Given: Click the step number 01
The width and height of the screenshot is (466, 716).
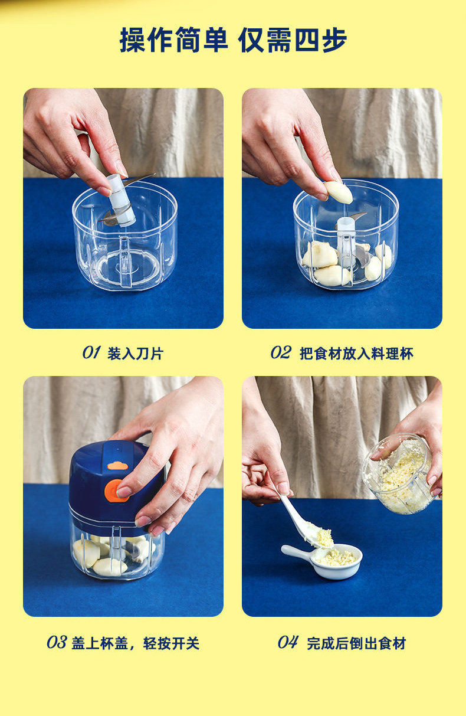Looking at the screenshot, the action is pos(91,352).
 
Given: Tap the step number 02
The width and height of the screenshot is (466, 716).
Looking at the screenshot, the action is pos(281,352).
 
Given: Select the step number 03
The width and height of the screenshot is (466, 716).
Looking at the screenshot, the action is pos(57,642).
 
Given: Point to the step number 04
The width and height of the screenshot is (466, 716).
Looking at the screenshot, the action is pos(288,642).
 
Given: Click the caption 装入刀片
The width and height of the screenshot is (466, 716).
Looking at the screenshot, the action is pos(135,354).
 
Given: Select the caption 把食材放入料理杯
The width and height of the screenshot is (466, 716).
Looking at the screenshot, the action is pos(356,354).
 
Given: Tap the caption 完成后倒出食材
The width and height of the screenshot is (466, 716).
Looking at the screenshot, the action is pos(356,643).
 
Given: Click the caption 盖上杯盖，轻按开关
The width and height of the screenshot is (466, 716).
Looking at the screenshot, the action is pos(136,643).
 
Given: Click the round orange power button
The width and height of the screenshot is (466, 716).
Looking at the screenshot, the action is pos(116,491).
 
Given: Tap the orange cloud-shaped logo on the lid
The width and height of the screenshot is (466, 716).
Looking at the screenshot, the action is pos(118,465).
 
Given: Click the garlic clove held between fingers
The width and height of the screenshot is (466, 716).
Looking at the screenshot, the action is pos(338,192).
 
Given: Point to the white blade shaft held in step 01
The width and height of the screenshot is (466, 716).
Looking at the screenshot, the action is pos(120,200).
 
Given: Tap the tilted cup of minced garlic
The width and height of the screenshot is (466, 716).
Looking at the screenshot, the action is pos(399,474).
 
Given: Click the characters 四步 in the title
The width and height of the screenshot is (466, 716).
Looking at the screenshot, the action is pos(320,40).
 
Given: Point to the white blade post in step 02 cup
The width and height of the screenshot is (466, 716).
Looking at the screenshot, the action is pos(346,242).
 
